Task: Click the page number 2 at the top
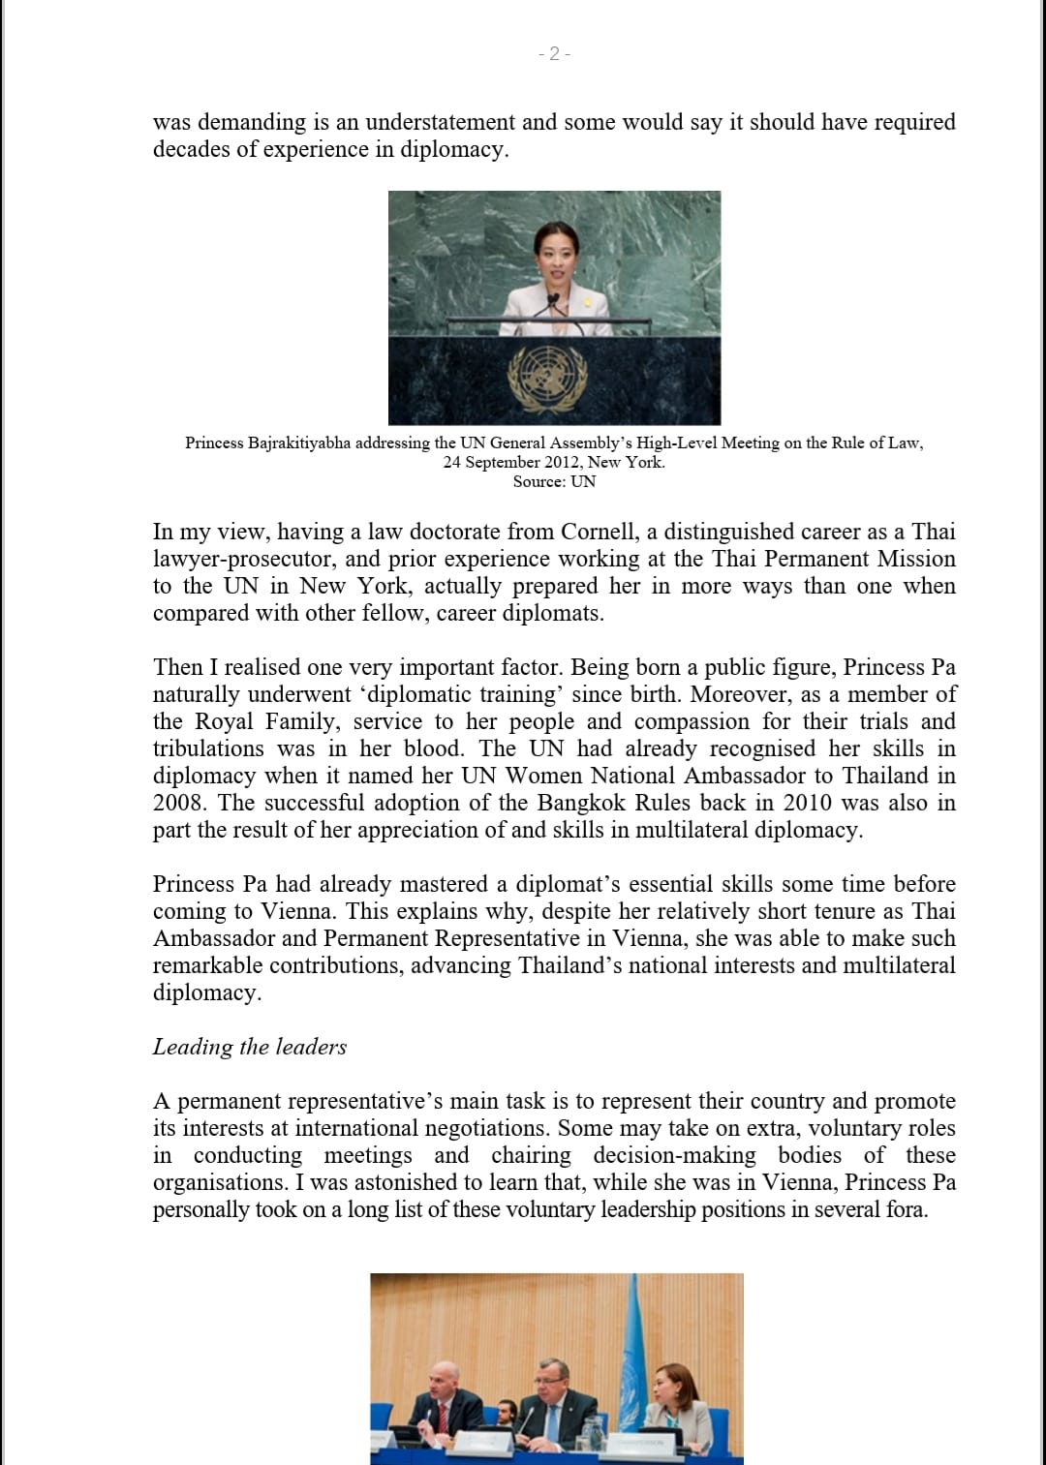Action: point(554,54)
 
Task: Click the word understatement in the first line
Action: point(440,122)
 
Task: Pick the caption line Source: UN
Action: point(554,481)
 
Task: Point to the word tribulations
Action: point(208,748)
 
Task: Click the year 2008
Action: point(178,803)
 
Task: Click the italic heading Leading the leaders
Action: point(250,1047)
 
